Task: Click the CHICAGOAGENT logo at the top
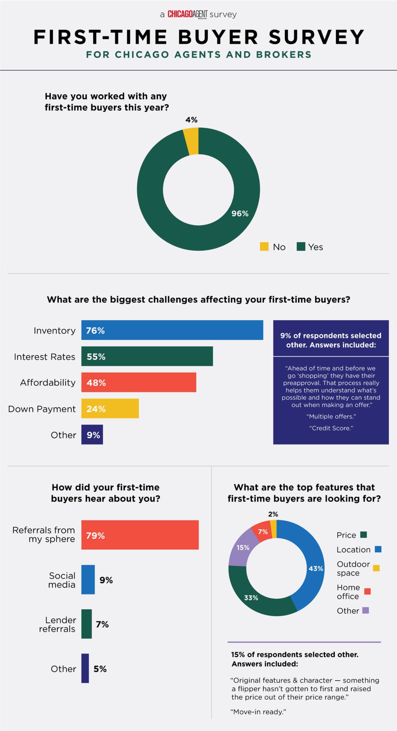coord(187,14)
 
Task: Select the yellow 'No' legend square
coord(264,247)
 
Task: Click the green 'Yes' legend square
coord(301,247)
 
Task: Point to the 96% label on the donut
coord(240,213)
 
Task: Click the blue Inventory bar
coord(172,330)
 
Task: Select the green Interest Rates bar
coord(147,356)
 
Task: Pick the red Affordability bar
coord(139,382)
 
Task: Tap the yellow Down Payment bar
coord(110,408)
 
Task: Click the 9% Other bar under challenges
coord(92,434)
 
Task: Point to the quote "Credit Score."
coord(331,428)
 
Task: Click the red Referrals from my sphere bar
coord(140,535)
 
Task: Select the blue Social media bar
coord(88,580)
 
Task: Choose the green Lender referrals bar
coord(87,624)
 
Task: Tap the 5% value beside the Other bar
coord(100,669)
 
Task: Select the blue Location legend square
coord(378,549)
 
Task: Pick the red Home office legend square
coord(367,591)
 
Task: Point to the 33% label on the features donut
coord(251,598)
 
